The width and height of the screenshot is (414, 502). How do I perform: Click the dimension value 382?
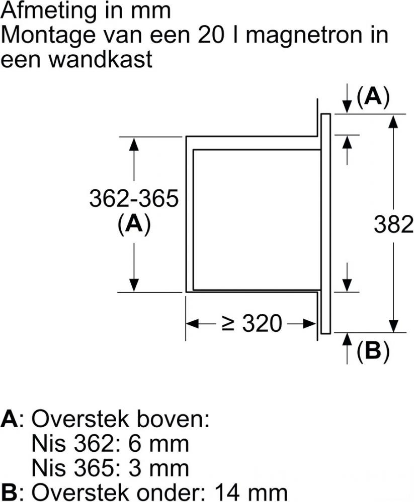393,224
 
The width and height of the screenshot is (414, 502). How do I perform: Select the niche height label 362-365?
133,198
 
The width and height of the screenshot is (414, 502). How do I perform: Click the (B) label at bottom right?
373,351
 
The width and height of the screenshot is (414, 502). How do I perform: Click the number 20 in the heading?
211,35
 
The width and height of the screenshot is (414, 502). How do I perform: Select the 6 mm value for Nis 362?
158,444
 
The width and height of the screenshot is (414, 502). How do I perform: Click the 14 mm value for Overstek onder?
251,492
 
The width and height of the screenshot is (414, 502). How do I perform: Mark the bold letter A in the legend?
10,419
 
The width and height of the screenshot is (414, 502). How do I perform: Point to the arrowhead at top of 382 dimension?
393,121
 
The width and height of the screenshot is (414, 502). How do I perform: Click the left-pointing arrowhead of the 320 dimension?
193,323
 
